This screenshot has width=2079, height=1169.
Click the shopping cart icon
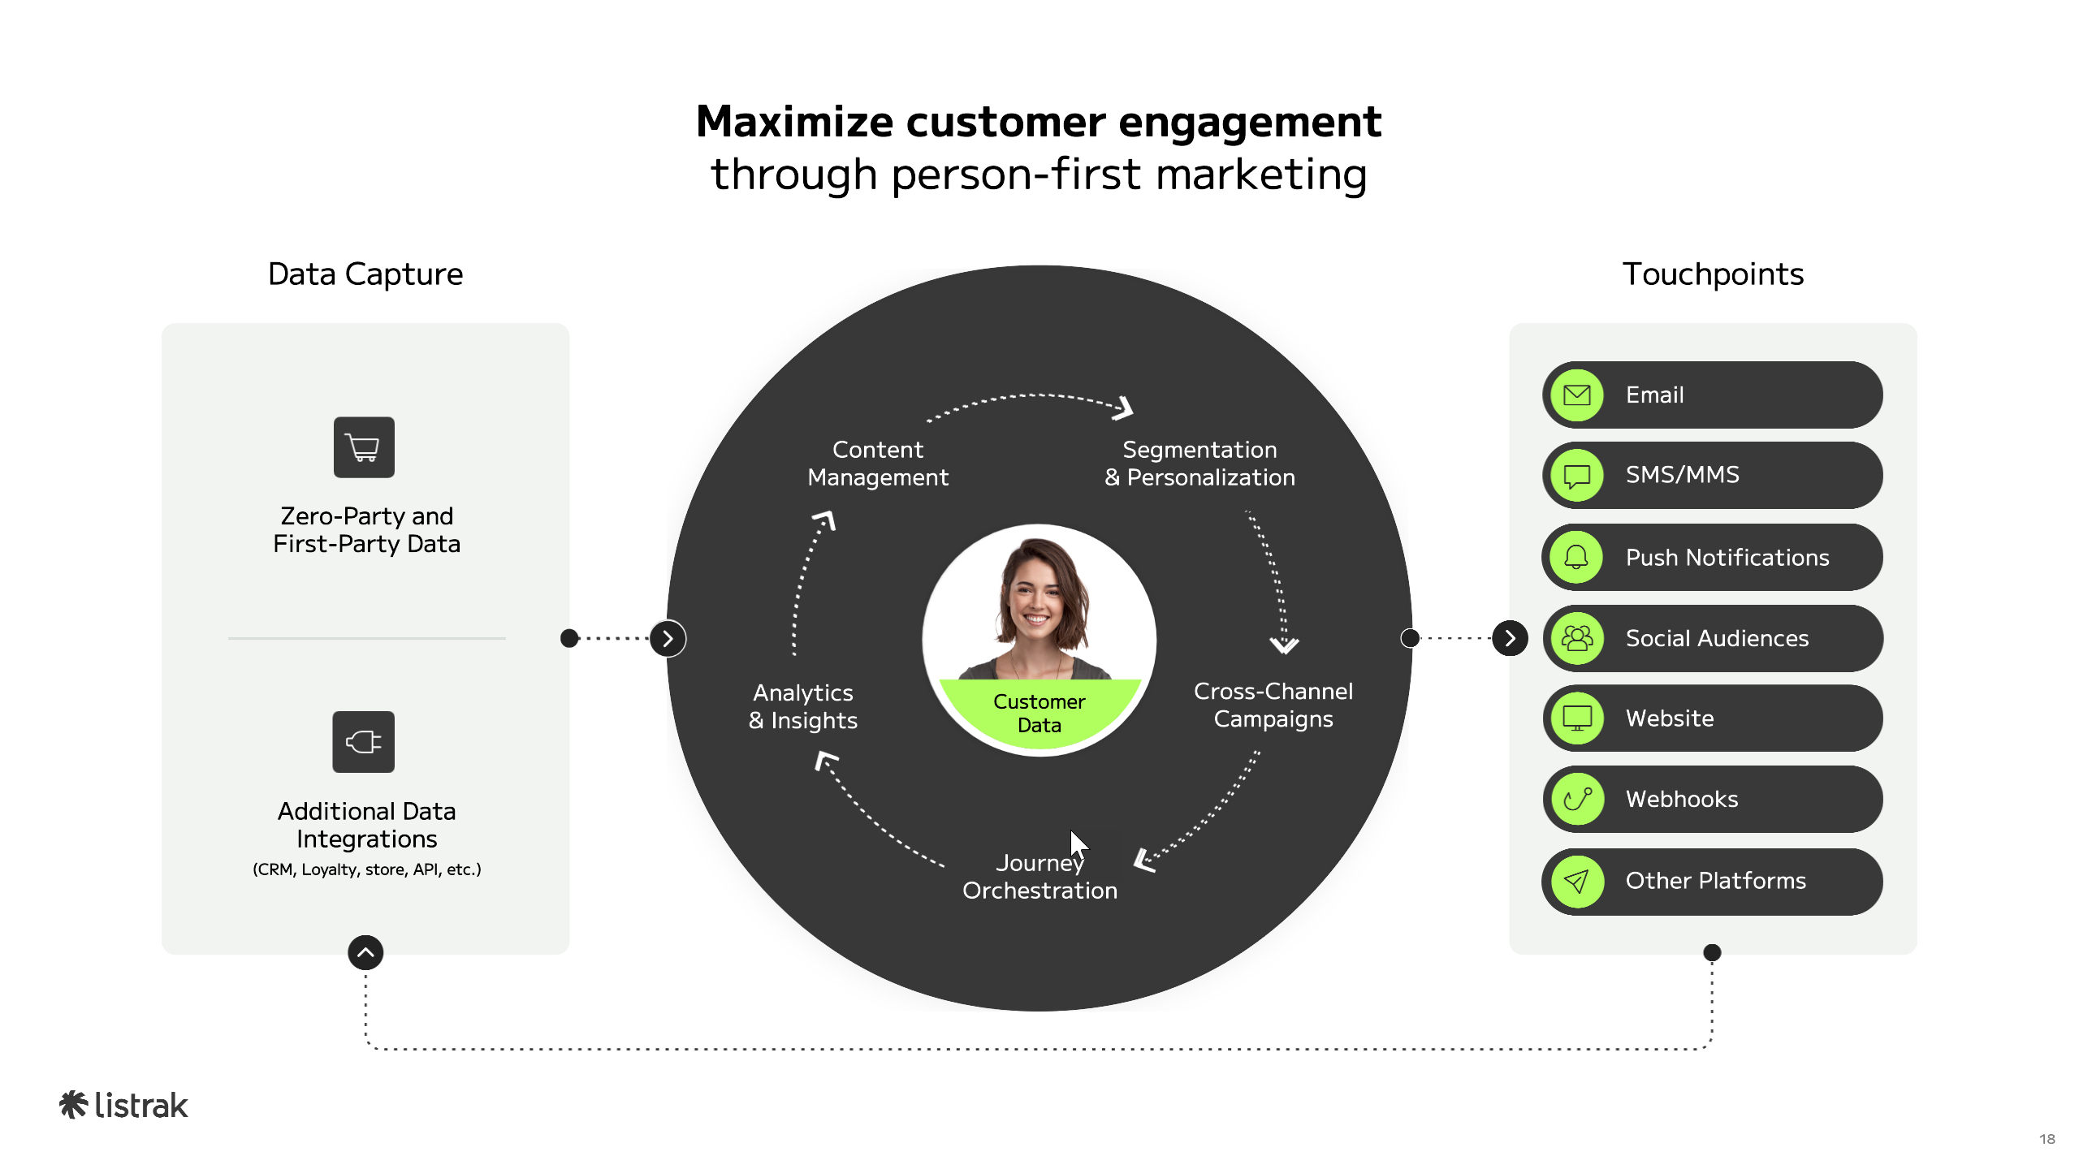(364, 447)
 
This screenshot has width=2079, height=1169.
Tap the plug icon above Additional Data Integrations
(364, 742)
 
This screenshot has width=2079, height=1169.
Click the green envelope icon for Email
(1577, 395)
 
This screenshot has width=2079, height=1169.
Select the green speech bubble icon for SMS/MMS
(1577, 476)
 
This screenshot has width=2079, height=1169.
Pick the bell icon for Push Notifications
(1577, 557)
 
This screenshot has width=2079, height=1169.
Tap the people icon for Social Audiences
(1577, 638)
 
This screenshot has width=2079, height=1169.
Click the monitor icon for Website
(1577, 718)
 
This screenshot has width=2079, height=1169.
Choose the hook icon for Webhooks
(1577, 799)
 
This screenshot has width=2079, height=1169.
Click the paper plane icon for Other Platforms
(1577, 881)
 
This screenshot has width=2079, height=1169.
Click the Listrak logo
(123, 1106)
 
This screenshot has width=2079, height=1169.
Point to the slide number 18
(2047, 1139)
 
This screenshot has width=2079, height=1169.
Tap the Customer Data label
(1039, 713)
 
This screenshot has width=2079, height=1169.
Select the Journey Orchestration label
(1039, 877)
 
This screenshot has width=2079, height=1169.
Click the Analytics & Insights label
(803, 706)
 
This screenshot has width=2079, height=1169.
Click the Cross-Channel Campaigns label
(1273, 705)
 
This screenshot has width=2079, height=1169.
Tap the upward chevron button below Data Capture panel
(365, 952)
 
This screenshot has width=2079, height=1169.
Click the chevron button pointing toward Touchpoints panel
(1510, 638)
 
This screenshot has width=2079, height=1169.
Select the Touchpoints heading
(1713, 274)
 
